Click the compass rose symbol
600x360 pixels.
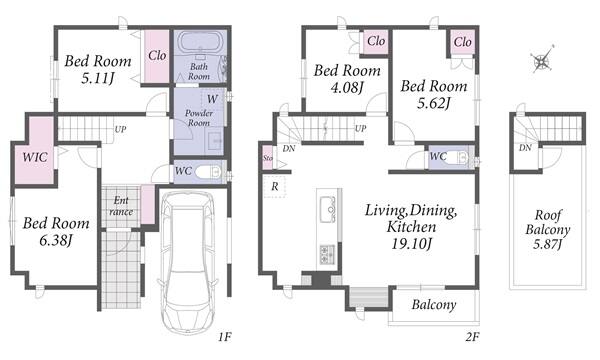pyautogui.click(x=542, y=60)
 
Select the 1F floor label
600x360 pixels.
pyautogui.click(x=225, y=337)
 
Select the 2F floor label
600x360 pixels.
pyautogui.click(x=472, y=337)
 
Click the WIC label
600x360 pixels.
pyautogui.click(x=35, y=157)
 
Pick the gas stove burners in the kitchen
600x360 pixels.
pyautogui.click(x=327, y=254)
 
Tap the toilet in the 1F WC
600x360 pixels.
pyautogui.click(x=210, y=171)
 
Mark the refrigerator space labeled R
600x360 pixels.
pyautogui.click(x=275, y=187)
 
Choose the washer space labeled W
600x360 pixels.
pyautogui.click(x=212, y=99)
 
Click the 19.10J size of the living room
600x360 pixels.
pyautogui.click(x=411, y=243)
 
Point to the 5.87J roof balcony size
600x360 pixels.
pyautogui.click(x=548, y=244)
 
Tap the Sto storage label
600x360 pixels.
pyautogui.click(x=268, y=158)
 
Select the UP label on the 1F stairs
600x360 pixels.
pyautogui.click(x=120, y=129)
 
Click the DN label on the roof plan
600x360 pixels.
pyautogui.click(x=525, y=148)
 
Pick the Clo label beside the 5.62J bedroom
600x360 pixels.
pyautogui.click(x=462, y=42)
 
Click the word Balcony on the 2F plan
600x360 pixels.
pyautogui.click(x=434, y=305)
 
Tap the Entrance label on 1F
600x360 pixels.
pyautogui.click(x=121, y=206)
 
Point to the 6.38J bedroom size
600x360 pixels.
pyautogui.click(x=56, y=241)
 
